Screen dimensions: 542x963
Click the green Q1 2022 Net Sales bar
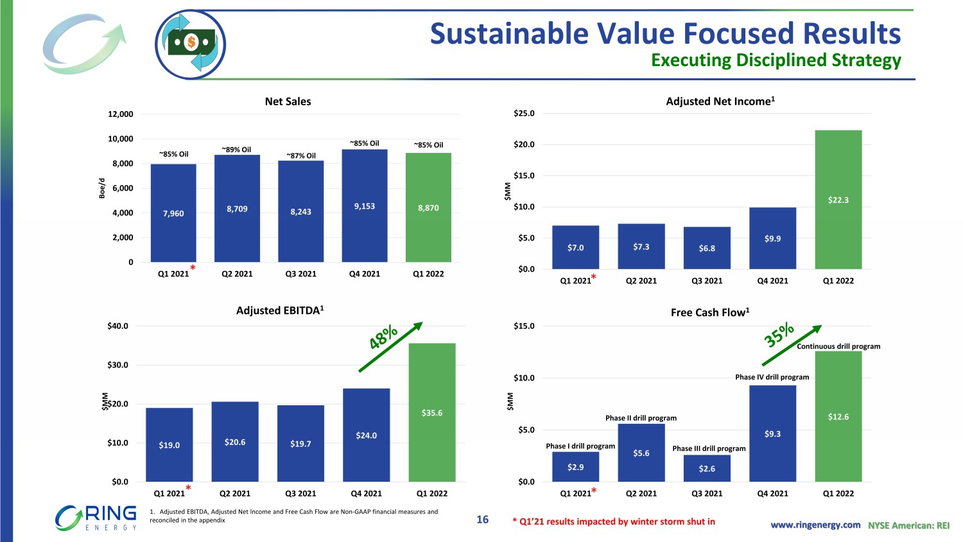click(428, 207)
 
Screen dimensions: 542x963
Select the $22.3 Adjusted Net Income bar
click(838, 200)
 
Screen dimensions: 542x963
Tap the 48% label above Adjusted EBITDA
click(383, 338)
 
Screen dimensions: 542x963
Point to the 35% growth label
click(779, 335)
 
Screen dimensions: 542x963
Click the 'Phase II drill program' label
click(641, 418)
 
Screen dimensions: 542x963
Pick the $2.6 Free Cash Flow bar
click(707, 468)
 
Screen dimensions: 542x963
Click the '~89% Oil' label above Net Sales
click(236, 150)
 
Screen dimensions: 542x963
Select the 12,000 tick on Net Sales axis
click(121, 114)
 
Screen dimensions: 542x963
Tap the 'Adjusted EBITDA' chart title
click(280, 311)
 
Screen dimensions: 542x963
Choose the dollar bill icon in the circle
click(191, 44)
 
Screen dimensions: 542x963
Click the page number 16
click(483, 520)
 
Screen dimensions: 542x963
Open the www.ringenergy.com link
click(815, 525)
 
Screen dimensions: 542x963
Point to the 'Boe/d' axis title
click(102, 188)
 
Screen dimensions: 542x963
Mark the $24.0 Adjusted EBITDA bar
click(366, 435)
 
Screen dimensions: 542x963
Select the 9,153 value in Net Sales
click(364, 206)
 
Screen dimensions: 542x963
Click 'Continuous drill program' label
click(838, 346)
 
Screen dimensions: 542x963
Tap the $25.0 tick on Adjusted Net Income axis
click(524, 114)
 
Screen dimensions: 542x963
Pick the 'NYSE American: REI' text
click(908, 525)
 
